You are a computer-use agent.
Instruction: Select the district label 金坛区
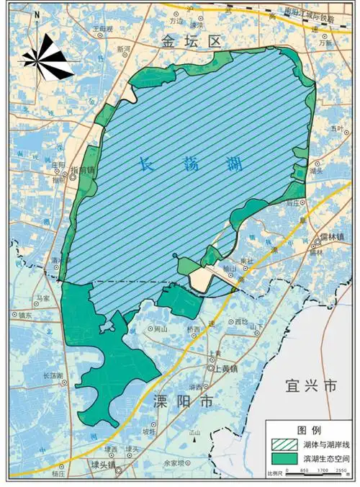(191, 43)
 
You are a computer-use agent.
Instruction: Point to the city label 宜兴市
(311, 386)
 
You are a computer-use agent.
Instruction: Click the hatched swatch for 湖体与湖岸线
(282, 444)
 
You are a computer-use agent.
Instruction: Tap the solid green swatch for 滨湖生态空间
(282, 457)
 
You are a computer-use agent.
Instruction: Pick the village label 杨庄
(58, 474)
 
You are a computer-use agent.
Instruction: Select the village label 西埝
(240, 321)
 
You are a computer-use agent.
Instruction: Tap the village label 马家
(44, 297)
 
